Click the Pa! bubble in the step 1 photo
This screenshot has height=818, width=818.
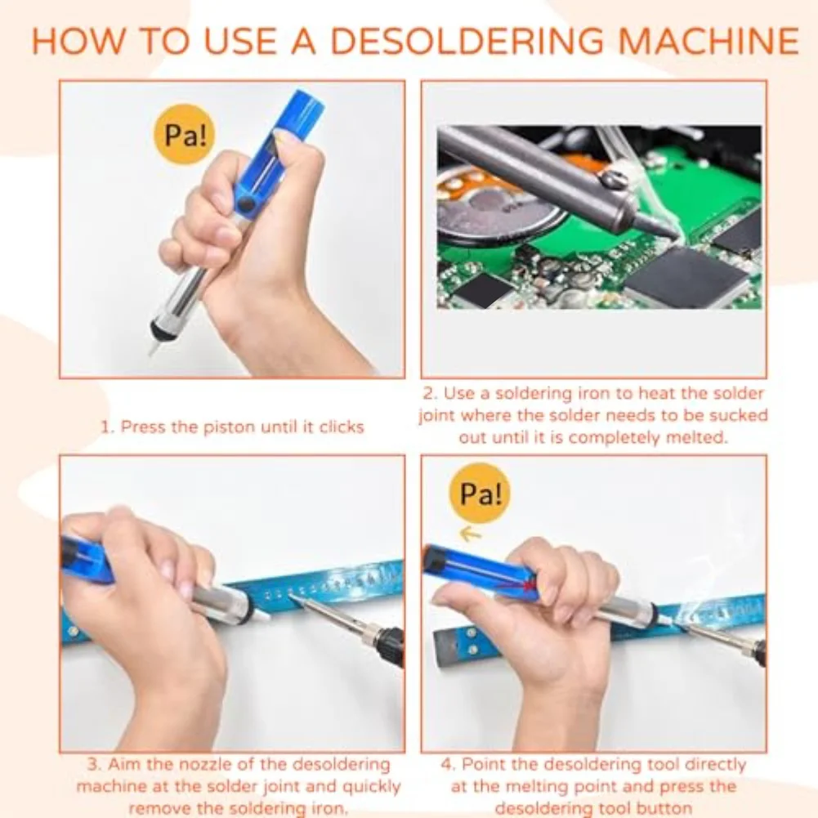click(x=185, y=135)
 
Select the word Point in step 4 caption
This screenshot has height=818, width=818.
click(x=484, y=766)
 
